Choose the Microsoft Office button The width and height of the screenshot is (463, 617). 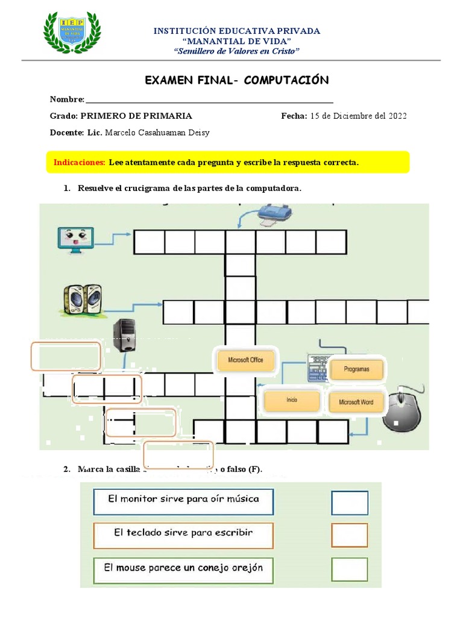click(245, 360)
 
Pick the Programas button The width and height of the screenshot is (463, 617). click(356, 369)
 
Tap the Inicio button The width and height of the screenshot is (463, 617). click(292, 399)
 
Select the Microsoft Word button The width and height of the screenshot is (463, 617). click(356, 402)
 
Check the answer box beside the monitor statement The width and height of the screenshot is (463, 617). click(349, 503)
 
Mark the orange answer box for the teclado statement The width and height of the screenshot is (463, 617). click(349, 535)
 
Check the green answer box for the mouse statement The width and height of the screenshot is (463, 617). click(349, 569)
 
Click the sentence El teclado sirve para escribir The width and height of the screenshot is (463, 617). click(183, 533)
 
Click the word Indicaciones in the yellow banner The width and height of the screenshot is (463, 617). click(80, 162)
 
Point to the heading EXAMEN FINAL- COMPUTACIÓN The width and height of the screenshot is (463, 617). click(237, 80)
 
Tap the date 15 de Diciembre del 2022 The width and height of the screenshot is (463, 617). click(358, 116)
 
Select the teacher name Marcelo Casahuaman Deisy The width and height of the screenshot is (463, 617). click(157, 133)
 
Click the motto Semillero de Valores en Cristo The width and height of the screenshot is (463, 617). click(236, 51)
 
